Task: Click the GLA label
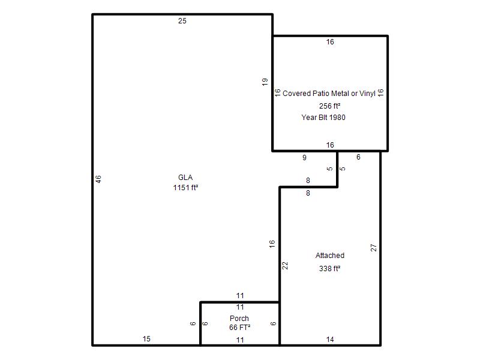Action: (185, 178)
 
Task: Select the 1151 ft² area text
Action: (185, 188)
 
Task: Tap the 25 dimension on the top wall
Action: (182, 21)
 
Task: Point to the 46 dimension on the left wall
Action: (98, 179)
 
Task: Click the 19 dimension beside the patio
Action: (265, 82)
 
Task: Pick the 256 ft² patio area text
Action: (329, 106)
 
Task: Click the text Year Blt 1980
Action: (323, 118)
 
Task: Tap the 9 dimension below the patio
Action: (304, 158)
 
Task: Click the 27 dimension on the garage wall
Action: (373, 248)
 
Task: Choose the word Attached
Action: (329, 256)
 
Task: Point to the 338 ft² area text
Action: (329, 269)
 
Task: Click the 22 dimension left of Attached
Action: (285, 265)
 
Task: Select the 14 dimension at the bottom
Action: (329, 340)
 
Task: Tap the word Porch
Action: (239, 319)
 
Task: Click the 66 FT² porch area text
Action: (239, 328)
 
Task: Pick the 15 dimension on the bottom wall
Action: (146, 339)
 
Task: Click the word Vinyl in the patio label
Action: (367, 94)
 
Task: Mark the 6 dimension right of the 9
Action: (358, 157)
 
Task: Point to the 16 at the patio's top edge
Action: (329, 42)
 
